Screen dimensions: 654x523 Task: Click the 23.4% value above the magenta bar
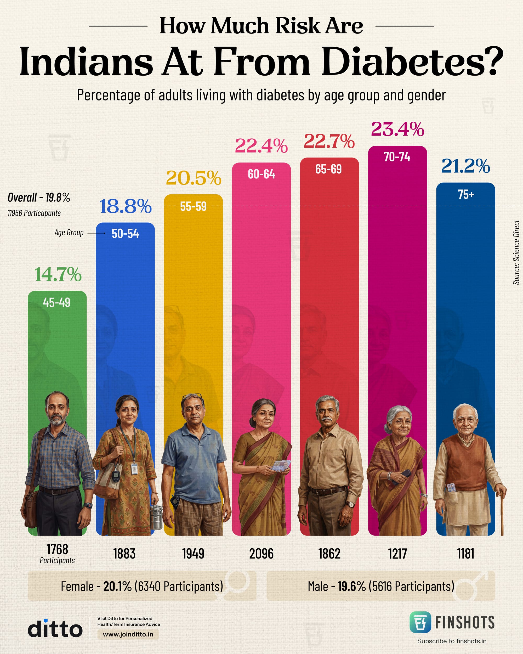[x=397, y=129]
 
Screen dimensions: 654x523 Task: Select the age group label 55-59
[x=193, y=207]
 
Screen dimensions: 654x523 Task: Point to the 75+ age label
[x=466, y=194]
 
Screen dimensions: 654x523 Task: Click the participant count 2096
[x=261, y=554]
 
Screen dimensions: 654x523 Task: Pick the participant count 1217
[x=397, y=554]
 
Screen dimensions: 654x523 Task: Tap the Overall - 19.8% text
[x=39, y=198]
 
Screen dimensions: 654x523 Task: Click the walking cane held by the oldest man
[x=502, y=513]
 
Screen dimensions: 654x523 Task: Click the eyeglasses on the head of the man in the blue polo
[x=192, y=397]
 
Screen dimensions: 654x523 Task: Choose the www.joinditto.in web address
[x=128, y=634]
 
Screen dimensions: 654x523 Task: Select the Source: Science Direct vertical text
[x=516, y=252]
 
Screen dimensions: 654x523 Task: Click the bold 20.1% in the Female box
[x=117, y=586]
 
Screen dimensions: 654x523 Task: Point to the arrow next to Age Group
[x=96, y=233]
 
